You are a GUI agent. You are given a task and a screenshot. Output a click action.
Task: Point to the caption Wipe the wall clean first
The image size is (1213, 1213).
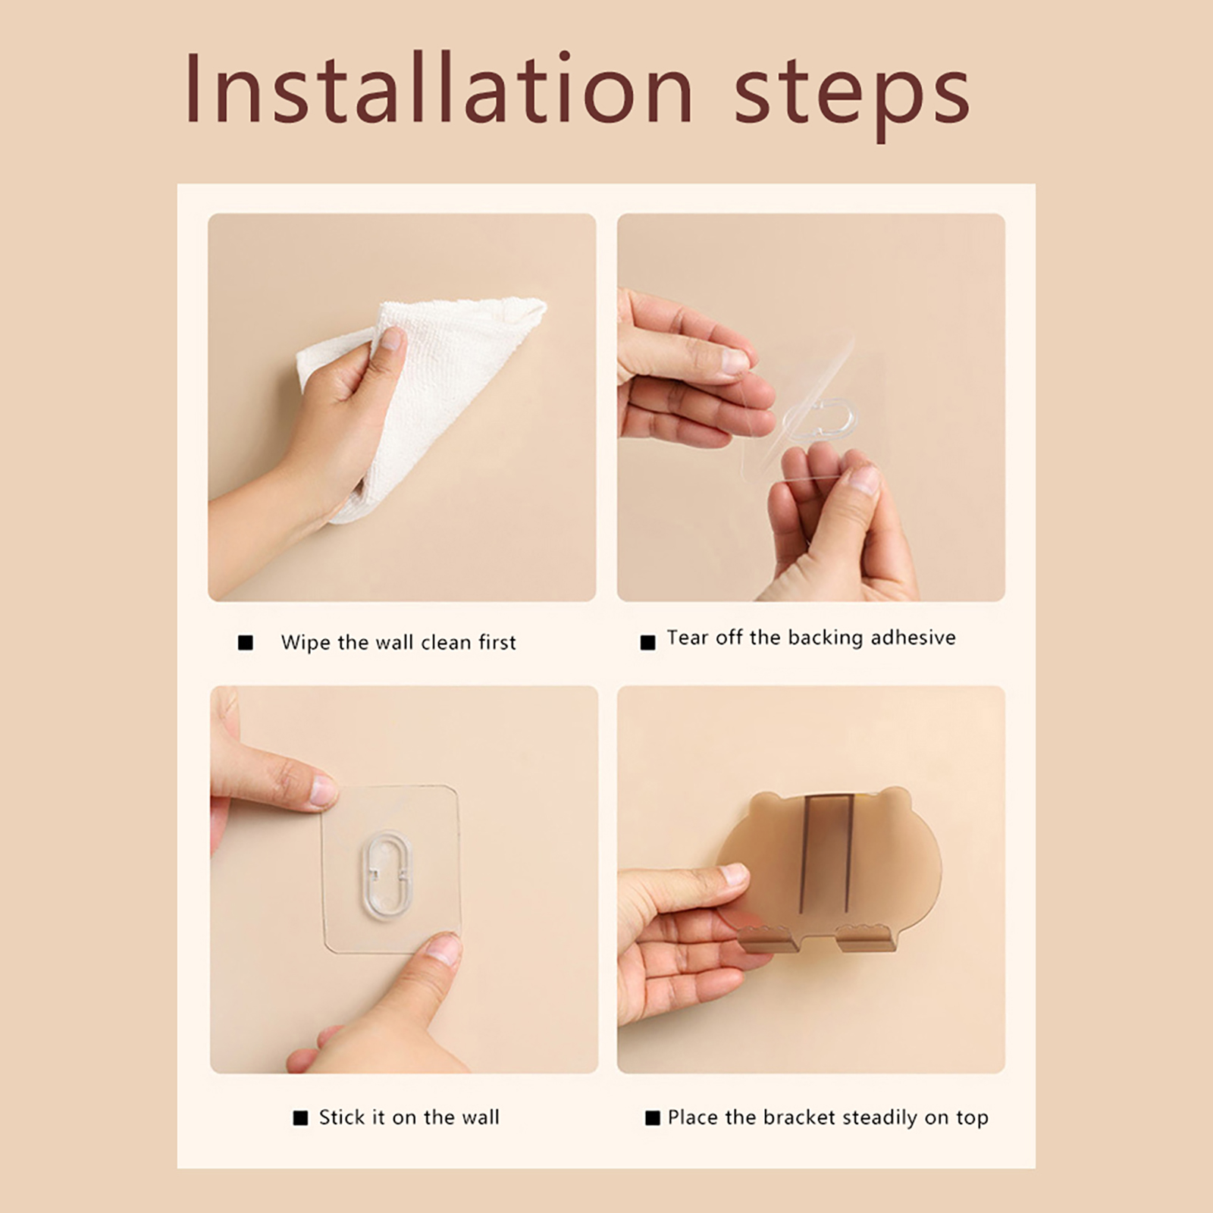point(398,643)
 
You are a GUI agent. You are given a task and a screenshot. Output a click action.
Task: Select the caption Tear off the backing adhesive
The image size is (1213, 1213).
point(811,638)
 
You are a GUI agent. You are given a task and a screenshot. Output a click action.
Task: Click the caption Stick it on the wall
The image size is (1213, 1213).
point(409,1117)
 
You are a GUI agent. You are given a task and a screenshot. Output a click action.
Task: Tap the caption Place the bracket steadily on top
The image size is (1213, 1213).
point(828,1117)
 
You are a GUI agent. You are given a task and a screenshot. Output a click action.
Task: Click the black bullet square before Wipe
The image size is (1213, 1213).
point(246,643)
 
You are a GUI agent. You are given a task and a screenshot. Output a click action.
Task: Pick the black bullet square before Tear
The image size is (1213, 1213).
point(647,643)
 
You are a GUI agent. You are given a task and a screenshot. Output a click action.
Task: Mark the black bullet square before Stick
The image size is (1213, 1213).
point(300,1118)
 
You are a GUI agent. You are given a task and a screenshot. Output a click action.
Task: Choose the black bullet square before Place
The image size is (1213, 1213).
point(652,1118)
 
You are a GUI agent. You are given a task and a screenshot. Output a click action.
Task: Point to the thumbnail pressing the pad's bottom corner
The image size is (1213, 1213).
point(444,948)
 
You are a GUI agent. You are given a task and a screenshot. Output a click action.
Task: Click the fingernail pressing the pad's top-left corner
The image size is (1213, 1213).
point(324,791)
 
